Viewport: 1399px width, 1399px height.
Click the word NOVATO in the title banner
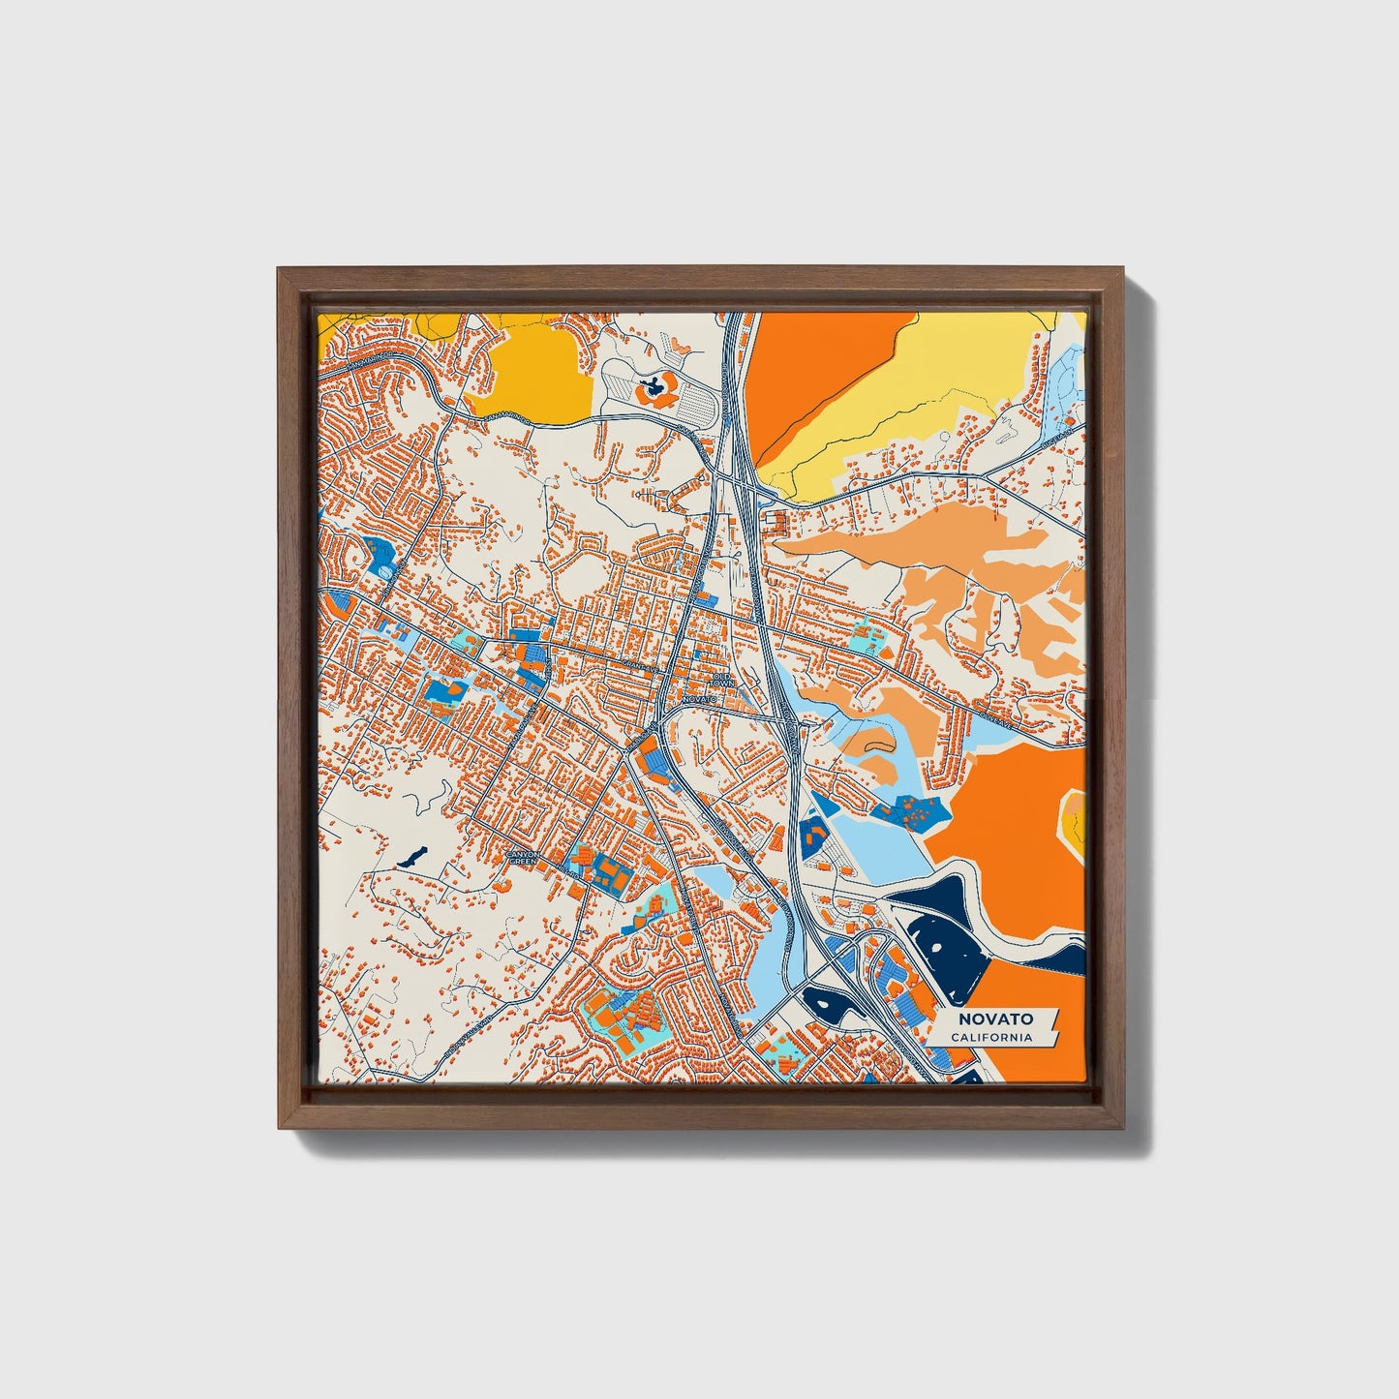tap(995, 1019)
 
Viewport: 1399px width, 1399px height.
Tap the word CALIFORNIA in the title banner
tap(990, 1037)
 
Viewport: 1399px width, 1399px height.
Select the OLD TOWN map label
tap(723, 680)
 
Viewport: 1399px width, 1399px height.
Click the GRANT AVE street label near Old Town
tap(639, 666)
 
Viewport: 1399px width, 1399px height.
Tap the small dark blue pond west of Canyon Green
tap(411, 856)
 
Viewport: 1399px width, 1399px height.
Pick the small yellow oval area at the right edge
tap(1075, 821)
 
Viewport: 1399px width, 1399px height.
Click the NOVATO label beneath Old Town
tap(699, 698)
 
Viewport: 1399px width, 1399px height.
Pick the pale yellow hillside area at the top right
tap(929, 387)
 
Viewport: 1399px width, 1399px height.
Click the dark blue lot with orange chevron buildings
tap(812, 833)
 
